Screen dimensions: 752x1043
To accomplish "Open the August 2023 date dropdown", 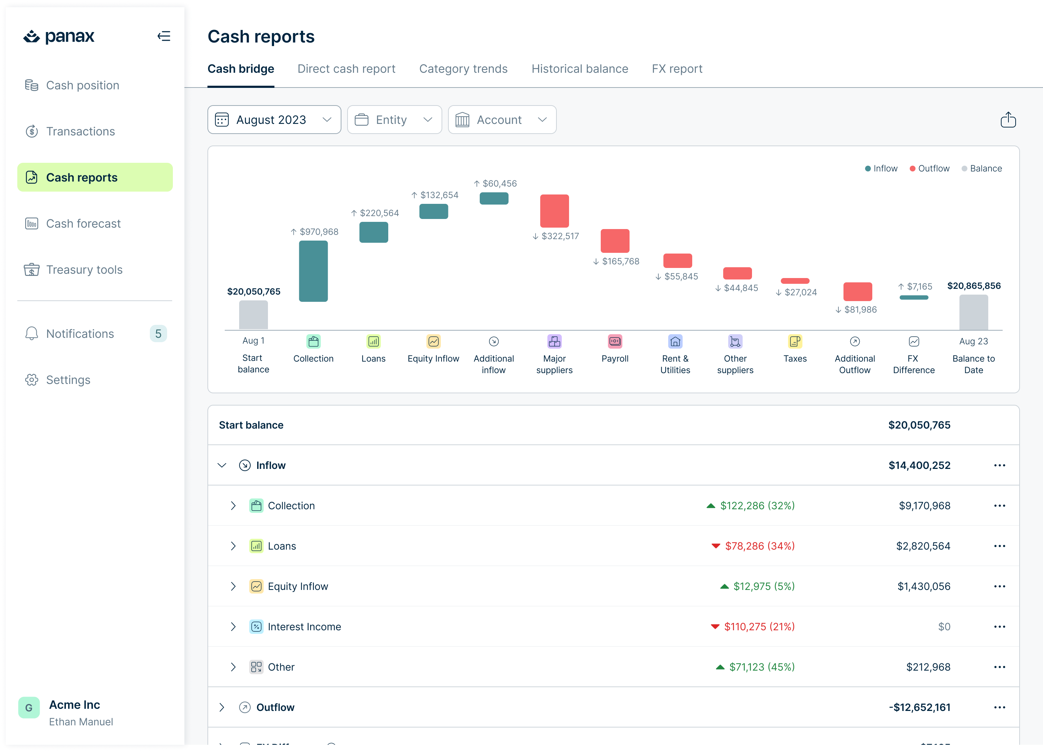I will [x=274, y=120].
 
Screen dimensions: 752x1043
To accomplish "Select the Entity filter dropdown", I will [x=394, y=120].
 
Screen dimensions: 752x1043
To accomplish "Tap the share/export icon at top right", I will [x=1008, y=120].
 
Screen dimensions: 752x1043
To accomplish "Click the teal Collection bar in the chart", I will [x=313, y=271].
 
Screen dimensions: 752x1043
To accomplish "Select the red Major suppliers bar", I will [x=554, y=211].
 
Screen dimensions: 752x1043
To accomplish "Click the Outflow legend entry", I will [x=930, y=168].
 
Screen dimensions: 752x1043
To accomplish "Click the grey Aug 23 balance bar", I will [x=973, y=312].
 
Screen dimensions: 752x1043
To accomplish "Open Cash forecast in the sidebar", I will [x=83, y=224].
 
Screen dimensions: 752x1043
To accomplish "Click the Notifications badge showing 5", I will [x=158, y=334].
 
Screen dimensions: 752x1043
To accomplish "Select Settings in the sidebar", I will [x=68, y=380].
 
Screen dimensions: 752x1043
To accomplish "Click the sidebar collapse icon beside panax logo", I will [x=164, y=36].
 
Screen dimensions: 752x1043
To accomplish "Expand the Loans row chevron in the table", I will [x=233, y=546].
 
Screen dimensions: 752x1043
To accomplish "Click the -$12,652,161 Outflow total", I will [x=919, y=707].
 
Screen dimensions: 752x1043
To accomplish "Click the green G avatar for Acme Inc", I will [x=29, y=707].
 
